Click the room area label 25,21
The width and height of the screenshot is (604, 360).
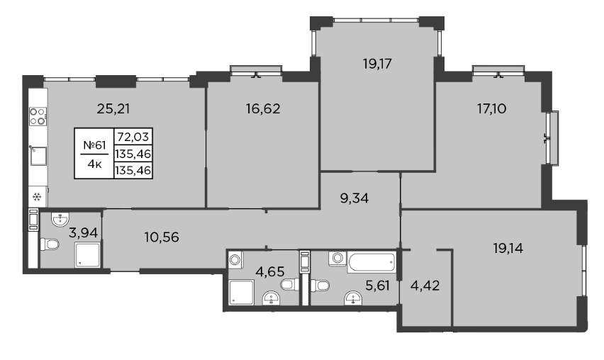(x=113, y=109)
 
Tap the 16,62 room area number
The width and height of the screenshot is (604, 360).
(x=263, y=109)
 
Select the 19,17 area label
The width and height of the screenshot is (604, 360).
(x=377, y=64)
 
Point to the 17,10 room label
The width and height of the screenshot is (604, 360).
(x=492, y=109)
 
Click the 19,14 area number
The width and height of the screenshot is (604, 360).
(x=508, y=248)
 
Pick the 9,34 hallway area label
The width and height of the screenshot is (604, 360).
(x=354, y=198)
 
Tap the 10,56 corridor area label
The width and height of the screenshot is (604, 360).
(x=162, y=237)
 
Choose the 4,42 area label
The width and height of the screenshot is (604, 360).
(x=425, y=286)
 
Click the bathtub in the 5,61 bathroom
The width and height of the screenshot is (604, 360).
(x=371, y=261)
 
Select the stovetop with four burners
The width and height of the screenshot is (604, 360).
(x=38, y=116)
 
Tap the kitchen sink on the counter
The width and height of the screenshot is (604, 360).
(x=38, y=155)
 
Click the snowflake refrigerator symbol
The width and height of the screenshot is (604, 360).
(x=37, y=198)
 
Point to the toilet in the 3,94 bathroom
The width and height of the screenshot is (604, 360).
(x=50, y=244)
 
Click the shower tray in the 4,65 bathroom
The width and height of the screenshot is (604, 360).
(x=242, y=293)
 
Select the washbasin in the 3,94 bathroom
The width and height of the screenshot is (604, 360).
(x=60, y=220)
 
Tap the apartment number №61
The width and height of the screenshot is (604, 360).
(x=94, y=145)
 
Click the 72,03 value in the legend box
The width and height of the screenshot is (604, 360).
(x=133, y=137)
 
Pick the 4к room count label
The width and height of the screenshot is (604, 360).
(x=94, y=164)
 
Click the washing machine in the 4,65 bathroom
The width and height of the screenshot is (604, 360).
(x=235, y=259)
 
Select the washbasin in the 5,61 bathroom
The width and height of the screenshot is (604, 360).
(x=353, y=298)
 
